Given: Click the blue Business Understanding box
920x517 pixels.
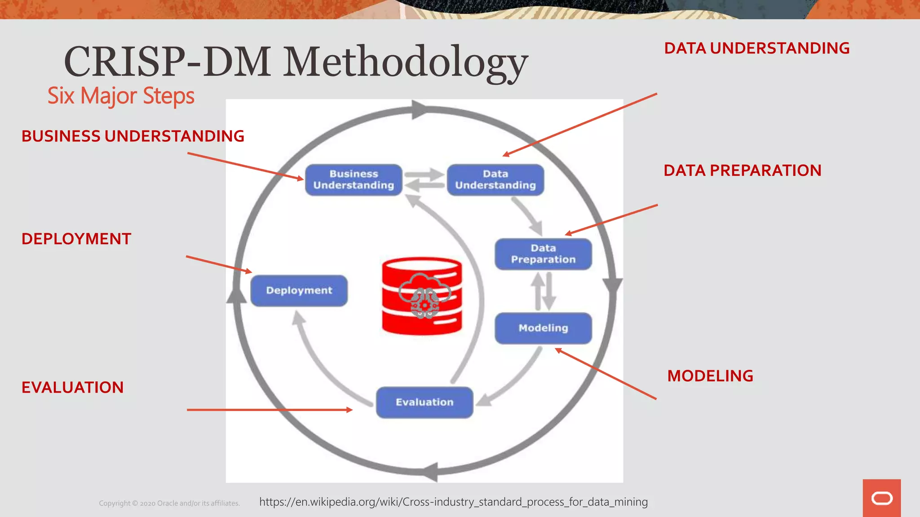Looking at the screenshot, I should click(x=354, y=180).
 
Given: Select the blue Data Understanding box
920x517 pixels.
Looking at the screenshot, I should click(x=495, y=180).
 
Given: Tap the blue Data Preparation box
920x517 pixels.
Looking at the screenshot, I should click(x=543, y=254).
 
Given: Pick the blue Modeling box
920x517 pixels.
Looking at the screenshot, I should click(x=543, y=328).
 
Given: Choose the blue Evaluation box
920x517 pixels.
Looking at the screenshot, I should click(x=425, y=402).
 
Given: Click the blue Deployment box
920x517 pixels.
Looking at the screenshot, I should click(x=299, y=290).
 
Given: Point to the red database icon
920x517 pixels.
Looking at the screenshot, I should click(x=422, y=296).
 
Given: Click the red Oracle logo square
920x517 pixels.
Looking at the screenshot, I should click(x=881, y=498).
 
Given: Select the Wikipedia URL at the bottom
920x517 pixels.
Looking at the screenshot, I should click(x=453, y=502).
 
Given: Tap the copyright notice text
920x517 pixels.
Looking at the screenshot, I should click(x=169, y=503).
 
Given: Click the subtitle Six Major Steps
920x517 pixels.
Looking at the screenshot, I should click(x=121, y=96).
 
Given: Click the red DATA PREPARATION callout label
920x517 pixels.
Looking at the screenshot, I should click(x=742, y=171).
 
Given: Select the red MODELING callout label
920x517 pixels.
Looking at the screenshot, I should click(x=710, y=376).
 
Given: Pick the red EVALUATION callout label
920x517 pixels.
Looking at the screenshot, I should click(x=72, y=387).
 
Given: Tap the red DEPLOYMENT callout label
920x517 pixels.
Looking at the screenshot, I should click(x=76, y=239).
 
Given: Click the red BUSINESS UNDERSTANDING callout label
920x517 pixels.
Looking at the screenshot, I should click(x=133, y=136).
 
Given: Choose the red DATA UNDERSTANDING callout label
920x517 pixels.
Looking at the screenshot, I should click(x=756, y=48).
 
